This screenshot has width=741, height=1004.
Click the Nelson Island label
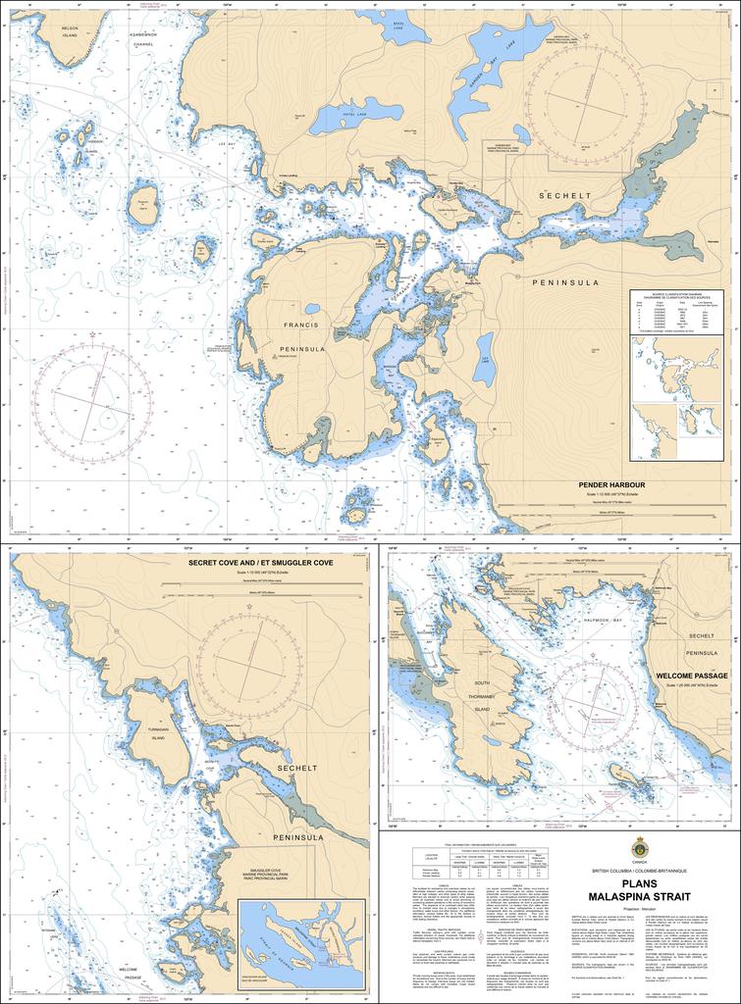(x=69, y=32)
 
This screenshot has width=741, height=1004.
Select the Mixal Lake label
(x=397, y=27)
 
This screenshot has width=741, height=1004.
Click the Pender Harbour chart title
(x=611, y=484)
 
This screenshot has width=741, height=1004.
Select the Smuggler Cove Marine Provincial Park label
(x=265, y=877)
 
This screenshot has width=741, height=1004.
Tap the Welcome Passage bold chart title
(x=692, y=676)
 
